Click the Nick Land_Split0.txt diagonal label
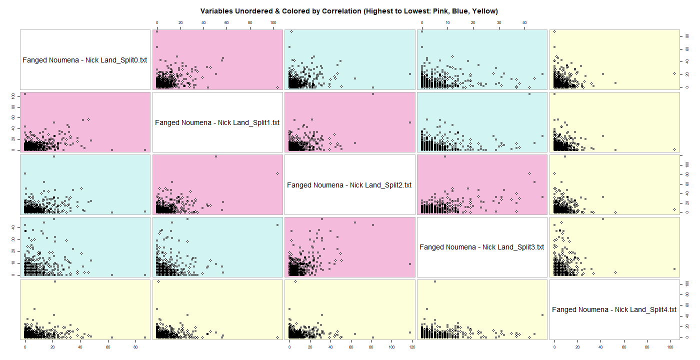point(85,60)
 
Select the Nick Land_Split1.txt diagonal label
point(217,122)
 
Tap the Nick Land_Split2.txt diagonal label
point(349,185)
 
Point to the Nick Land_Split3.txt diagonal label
point(481,247)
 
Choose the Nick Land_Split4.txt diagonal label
point(614,309)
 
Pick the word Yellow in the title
point(485,10)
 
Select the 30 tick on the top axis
point(499,23)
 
